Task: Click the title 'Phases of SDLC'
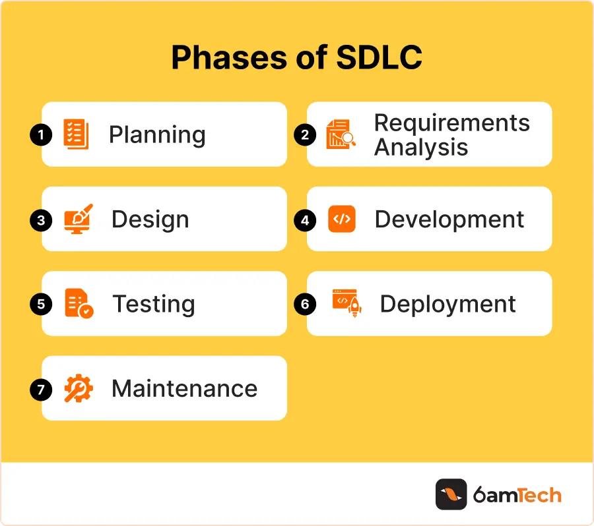(x=296, y=59)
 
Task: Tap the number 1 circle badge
(x=41, y=135)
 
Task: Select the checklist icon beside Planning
(x=77, y=134)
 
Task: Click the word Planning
(x=157, y=134)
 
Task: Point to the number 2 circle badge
(x=305, y=135)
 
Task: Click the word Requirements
(x=451, y=123)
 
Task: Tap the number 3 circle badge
(x=41, y=220)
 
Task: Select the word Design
(x=150, y=219)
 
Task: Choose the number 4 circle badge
(x=305, y=220)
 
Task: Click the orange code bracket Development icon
(x=341, y=219)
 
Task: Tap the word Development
(x=449, y=219)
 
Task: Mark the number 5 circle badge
(x=41, y=305)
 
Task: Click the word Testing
(x=154, y=305)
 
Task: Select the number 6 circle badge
(x=305, y=305)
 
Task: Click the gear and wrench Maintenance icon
(x=79, y=388)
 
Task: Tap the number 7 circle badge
(x=41, y=390)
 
